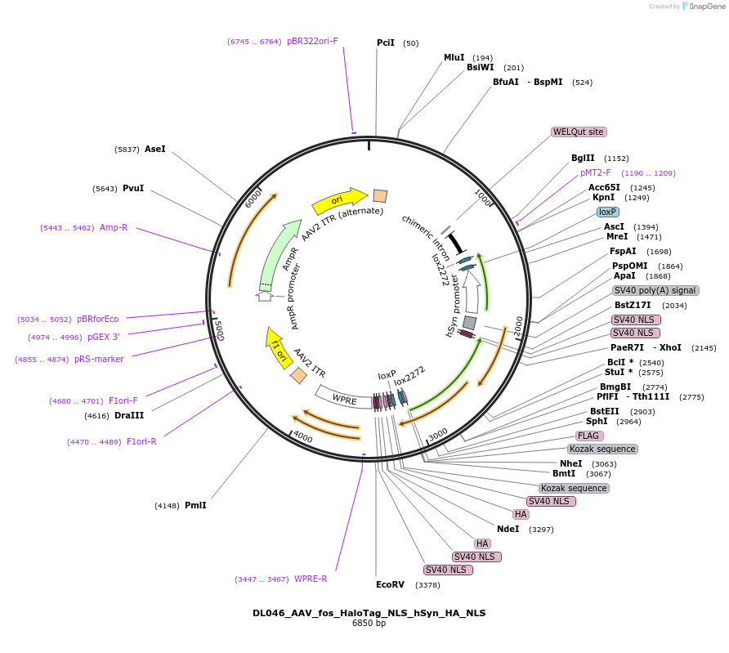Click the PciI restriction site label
386,42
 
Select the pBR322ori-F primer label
312,42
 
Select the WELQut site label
579,132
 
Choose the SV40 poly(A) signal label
655,290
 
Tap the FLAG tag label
588,436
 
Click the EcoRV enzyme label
390,584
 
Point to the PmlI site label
195,505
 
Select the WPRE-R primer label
311,579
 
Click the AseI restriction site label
154,150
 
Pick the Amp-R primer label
114,228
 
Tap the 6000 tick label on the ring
253,199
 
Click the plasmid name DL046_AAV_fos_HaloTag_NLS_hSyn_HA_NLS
369,613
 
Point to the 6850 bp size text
369,624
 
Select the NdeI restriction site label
508,530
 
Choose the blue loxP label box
608,212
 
